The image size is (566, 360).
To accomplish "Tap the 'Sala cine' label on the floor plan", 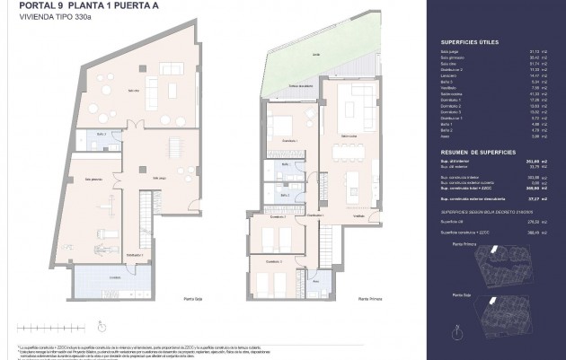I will [131, 90].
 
